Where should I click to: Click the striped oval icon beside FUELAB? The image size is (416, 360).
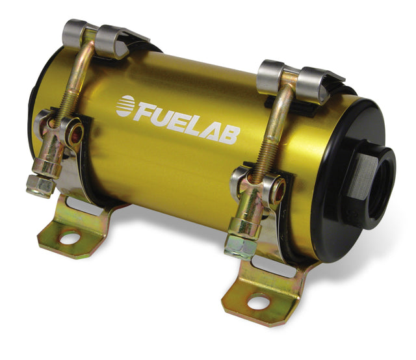pyautogui.click(x=125, y=106)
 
